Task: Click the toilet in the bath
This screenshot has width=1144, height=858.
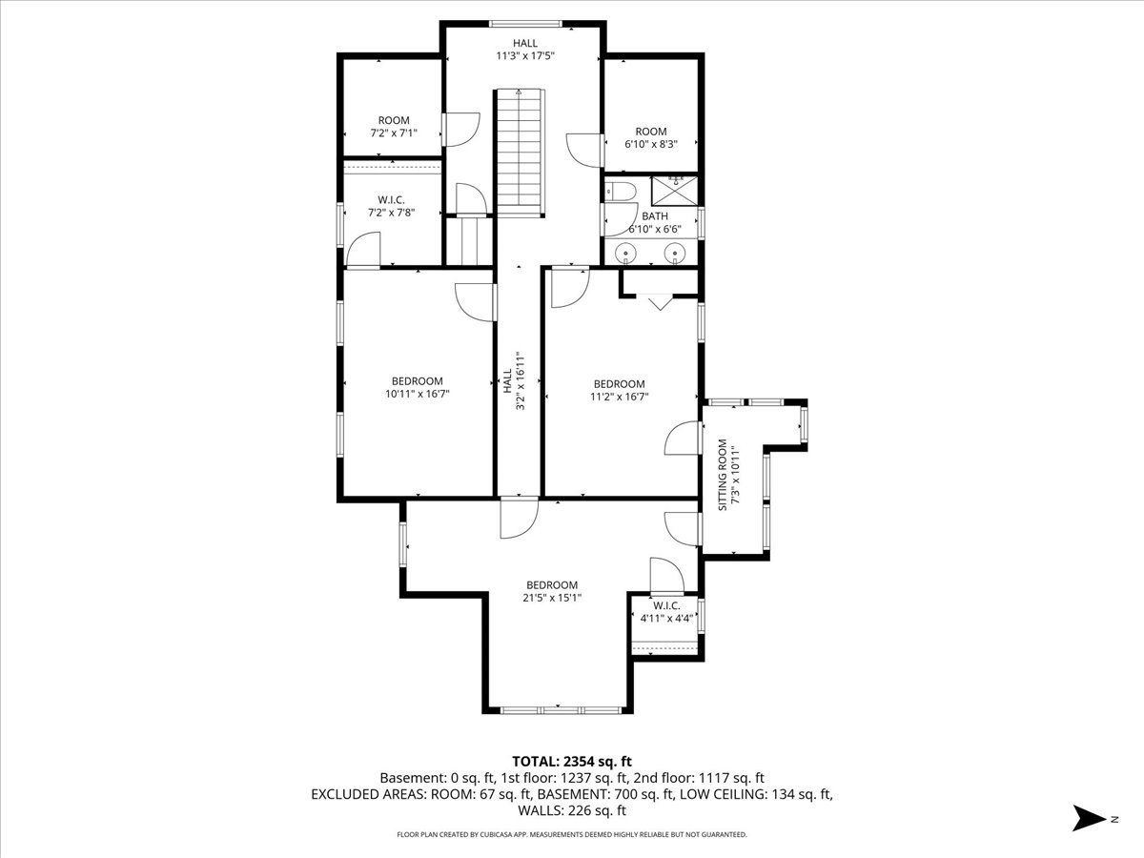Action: (621, 192)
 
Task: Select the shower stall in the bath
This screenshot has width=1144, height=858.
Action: (674, 192)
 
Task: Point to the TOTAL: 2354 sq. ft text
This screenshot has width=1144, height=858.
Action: (572, 762)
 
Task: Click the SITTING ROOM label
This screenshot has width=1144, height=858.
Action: (723, 475)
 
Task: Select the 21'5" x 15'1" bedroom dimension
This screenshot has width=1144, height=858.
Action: (552, 598)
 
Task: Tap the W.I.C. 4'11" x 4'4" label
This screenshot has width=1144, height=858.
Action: (666, 612)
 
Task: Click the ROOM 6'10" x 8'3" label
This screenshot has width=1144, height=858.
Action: (651, 138)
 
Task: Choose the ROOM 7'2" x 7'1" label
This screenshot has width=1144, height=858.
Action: (394, 127)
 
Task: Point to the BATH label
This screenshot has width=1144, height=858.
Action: (655, 216)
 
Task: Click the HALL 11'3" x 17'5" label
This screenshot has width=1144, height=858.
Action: (525, 50)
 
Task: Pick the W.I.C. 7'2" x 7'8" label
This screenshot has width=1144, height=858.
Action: (392, 206)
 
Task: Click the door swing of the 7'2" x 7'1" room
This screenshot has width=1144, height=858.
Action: (462, 130)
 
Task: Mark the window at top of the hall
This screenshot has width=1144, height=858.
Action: (525, 24)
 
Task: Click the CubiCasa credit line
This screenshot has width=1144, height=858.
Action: (572, 834)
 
